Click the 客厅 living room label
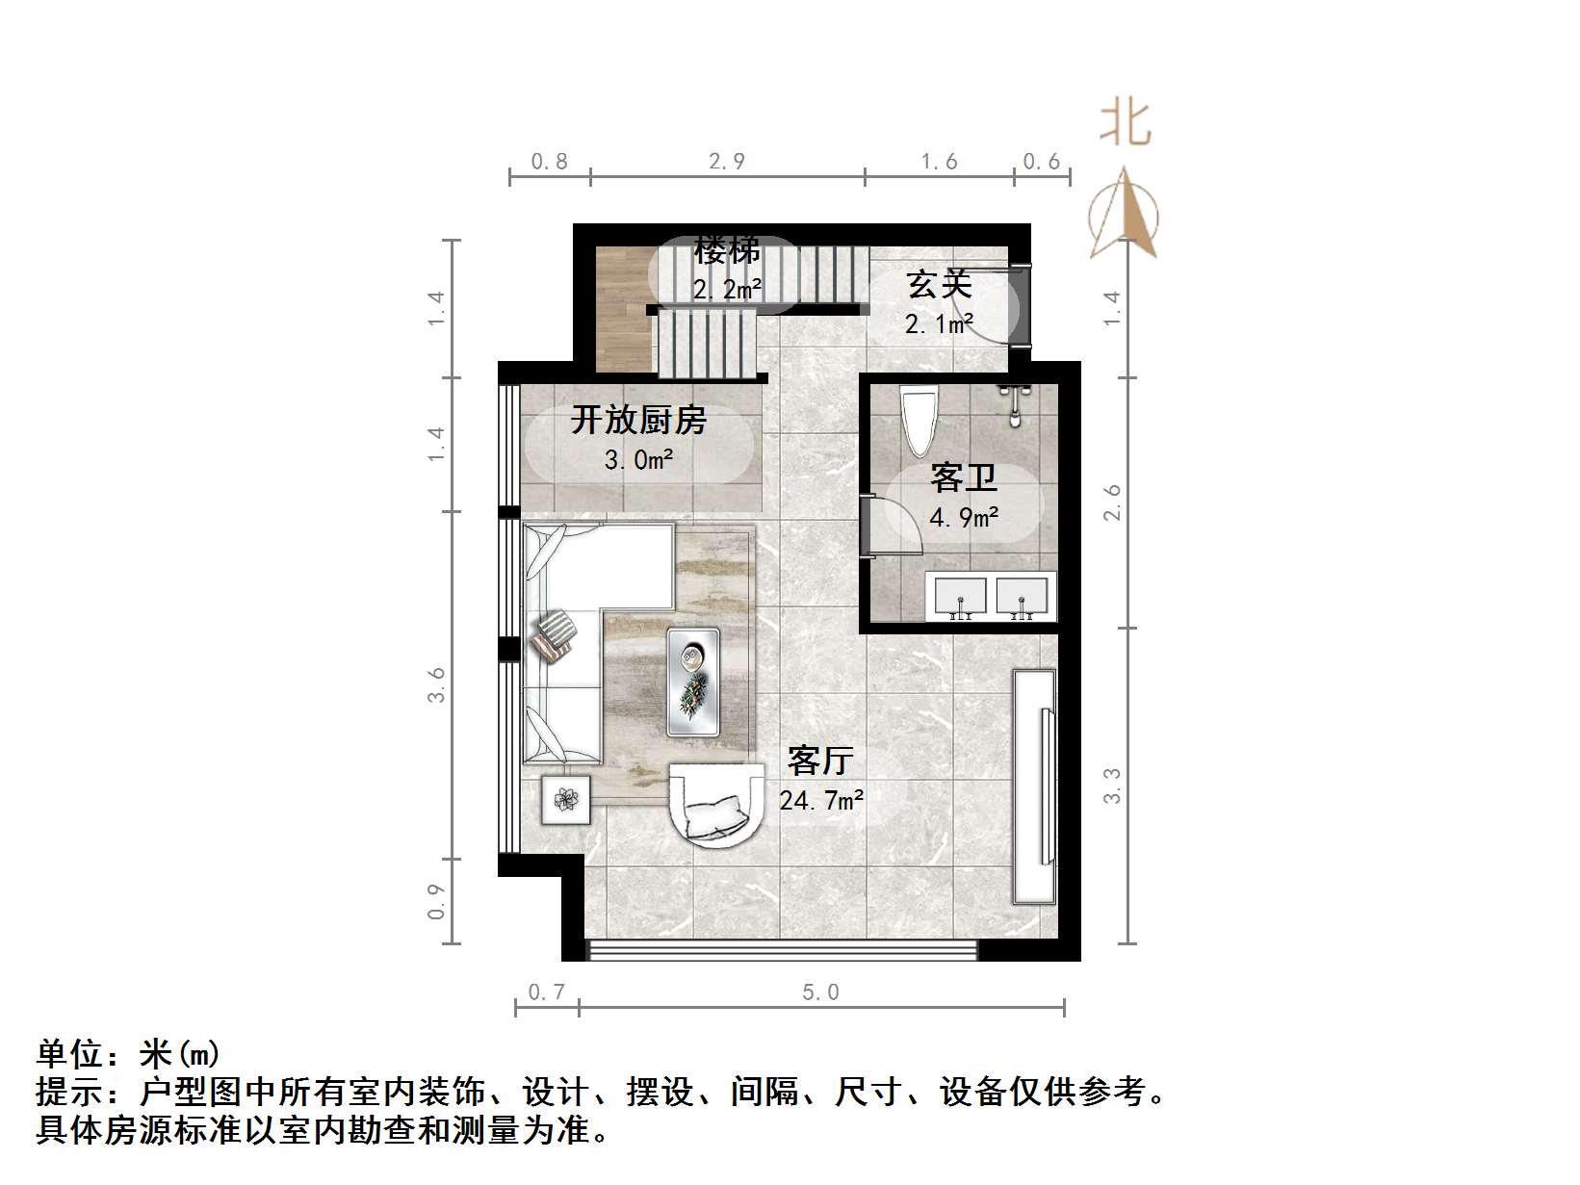(x=820, y=760)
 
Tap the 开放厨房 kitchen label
(x=638, y=421)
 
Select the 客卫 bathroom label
(x=963, y=477)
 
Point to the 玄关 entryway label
(x=939, y=284)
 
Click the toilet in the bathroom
(x=919, y=420)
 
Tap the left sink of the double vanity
(x=959, y=596)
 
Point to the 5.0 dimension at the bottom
(x=820, y=992)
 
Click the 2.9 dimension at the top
(x=727, y=162)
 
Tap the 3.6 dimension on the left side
(x=437, y=684)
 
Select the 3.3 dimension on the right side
(x=1112, y=786)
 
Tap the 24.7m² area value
(x=820, y=800)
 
